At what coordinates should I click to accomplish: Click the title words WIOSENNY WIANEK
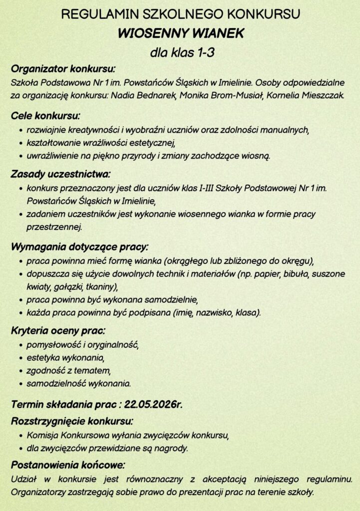point(180,33)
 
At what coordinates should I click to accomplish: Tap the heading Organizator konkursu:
point(63,68)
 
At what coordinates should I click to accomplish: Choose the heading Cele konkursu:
point(46,116)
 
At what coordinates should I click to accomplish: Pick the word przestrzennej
point(54,227)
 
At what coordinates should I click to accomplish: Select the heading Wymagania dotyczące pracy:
point(79,247)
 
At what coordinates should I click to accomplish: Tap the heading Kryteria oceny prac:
point(58,331)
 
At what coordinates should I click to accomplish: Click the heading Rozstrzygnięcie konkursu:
point(72,421)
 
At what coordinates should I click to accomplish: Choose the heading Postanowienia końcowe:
point(68,465)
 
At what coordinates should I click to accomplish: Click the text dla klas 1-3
point(182,52)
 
